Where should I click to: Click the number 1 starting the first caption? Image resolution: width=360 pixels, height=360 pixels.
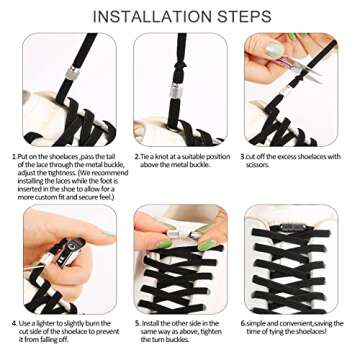tap(15, 156)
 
